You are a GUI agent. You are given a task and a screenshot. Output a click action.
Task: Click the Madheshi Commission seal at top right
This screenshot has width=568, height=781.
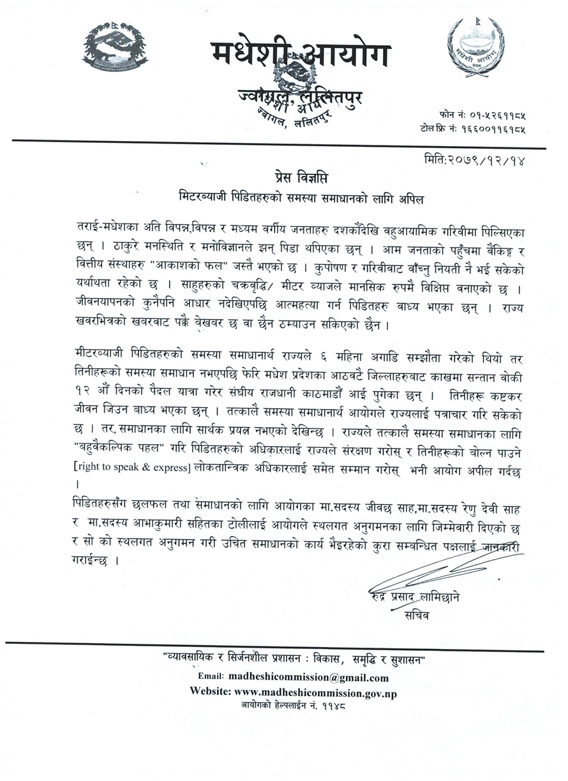tap(475, 47)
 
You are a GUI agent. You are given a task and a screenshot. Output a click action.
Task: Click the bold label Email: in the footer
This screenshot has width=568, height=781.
tap(211, 678)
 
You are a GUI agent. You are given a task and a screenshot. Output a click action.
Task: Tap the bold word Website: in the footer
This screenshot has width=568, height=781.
tap(211, 692)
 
